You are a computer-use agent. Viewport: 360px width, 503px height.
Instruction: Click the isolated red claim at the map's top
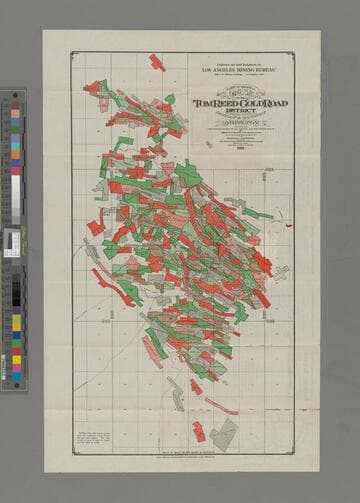point(157,63)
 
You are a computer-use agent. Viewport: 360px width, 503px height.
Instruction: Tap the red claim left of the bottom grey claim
point(199,431)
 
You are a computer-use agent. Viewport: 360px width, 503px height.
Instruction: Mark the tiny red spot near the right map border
point(288,225)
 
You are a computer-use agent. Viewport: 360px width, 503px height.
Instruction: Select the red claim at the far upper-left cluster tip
point(91,88)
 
